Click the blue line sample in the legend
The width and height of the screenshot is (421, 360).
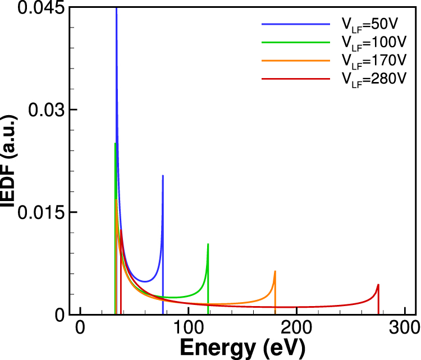click(x=295, y=24)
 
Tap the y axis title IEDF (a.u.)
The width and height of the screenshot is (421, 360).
click(x=10, y=162)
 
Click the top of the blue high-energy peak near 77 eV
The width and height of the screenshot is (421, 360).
click(x=163, y=176)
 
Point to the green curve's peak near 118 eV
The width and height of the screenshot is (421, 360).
click(x=208, y=244)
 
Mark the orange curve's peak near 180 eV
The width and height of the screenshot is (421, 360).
click(x=275, y=271)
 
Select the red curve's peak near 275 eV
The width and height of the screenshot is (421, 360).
click(x=378, y=285)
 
